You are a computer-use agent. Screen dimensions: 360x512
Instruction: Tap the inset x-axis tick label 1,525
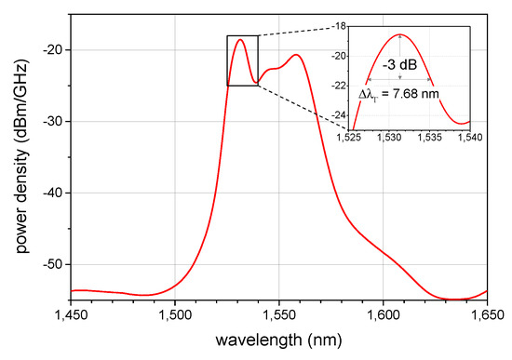click(350, 138)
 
